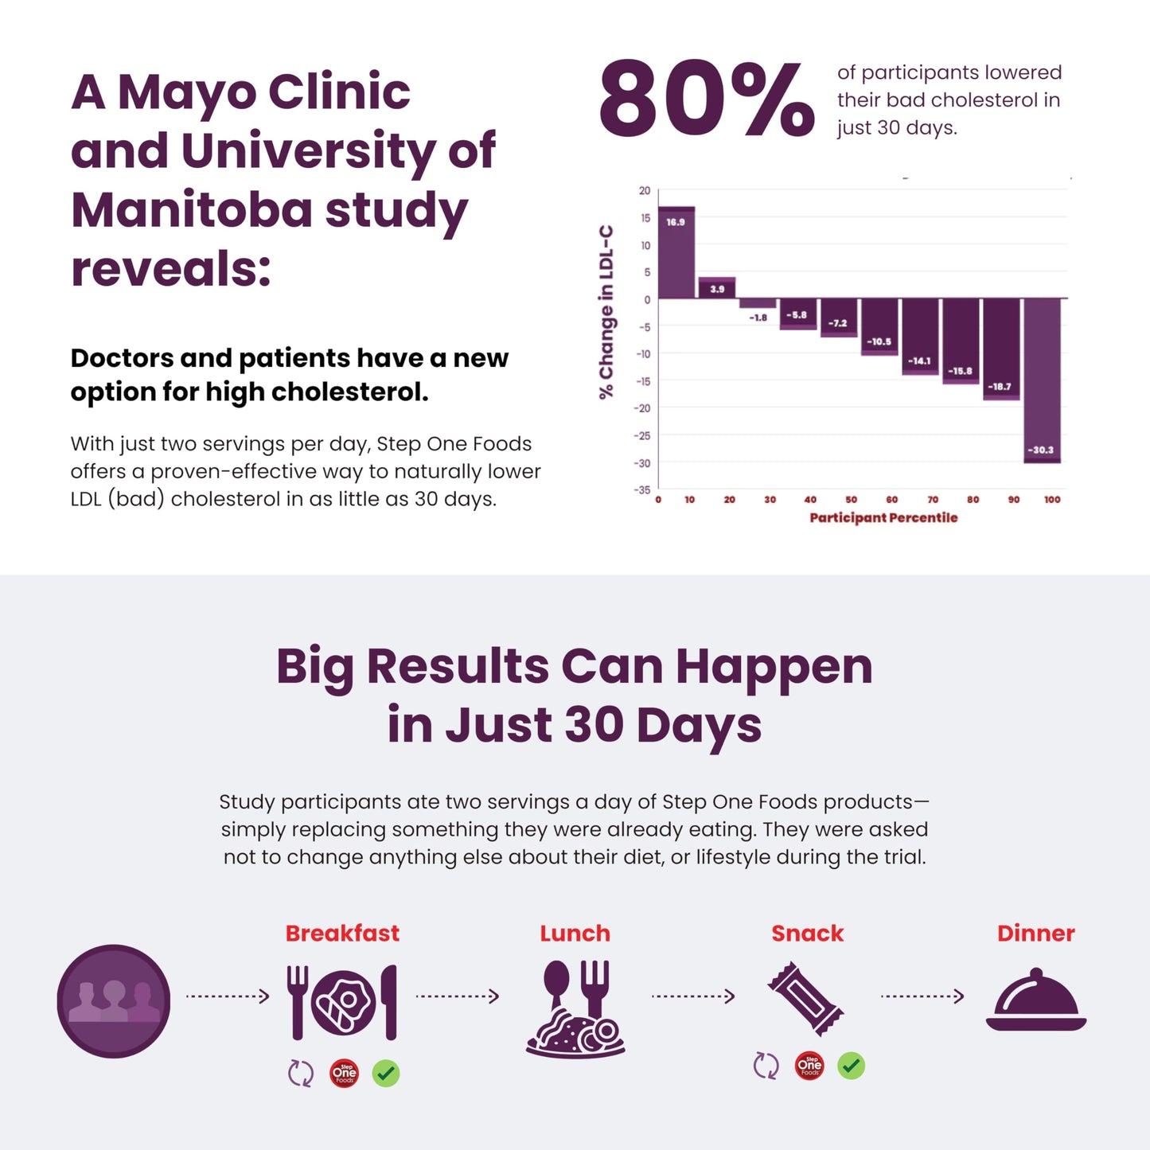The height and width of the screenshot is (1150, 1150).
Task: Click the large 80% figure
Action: tap(706, 100)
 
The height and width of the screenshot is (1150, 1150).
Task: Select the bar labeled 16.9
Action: tap(676, 253)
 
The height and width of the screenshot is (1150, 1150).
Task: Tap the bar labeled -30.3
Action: tap(1042, 380)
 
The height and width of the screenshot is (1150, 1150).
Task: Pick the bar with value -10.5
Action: tap(879, 326)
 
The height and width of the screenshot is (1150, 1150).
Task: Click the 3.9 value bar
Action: tap(717, 287)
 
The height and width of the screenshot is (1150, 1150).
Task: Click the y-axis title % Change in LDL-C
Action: tap(607, 311)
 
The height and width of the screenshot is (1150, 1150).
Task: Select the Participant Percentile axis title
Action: tap(883, 518)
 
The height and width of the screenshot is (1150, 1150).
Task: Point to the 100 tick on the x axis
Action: tap(1052, 500)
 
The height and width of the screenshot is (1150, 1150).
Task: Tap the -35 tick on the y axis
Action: tap(642, 489)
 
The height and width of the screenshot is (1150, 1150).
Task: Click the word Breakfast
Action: tap(342, 934)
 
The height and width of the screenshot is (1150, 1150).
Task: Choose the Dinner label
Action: tap(1035, 934)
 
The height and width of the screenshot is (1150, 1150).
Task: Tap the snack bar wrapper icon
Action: tap(805, 998)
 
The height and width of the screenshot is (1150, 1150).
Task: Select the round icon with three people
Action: tap(114, 1000)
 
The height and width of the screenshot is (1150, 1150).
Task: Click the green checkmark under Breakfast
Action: tap(386, 1074)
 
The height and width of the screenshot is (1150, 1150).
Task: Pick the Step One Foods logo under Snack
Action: tap(809, 1066)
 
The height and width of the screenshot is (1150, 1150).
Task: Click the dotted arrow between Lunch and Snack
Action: tap(692, 996)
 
